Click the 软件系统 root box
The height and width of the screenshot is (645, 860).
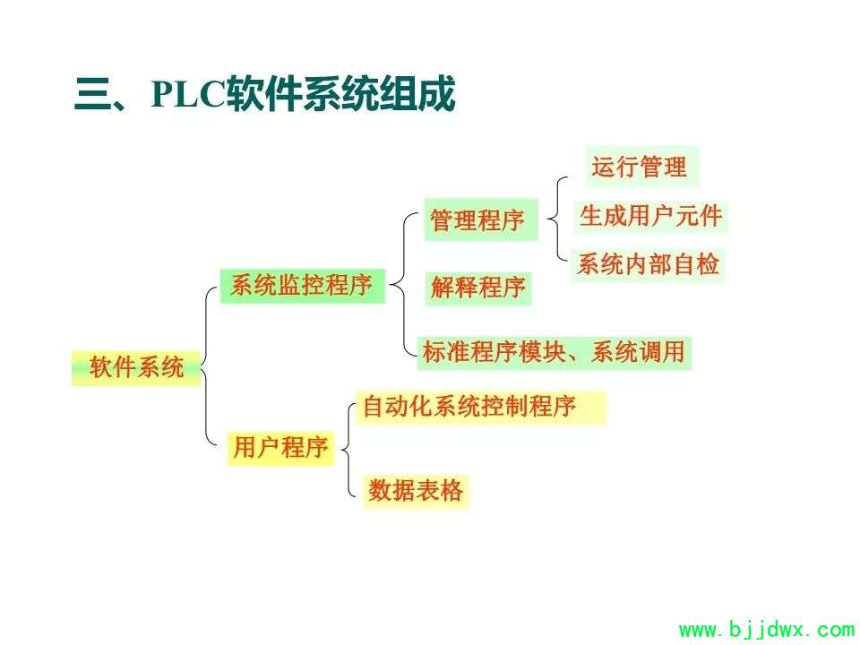point(136,368)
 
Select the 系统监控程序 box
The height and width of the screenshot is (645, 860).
point(302,286)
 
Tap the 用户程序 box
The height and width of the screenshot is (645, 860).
point(280,448)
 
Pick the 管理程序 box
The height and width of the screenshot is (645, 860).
point(481,220)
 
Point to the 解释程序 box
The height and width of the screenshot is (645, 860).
point(478,288)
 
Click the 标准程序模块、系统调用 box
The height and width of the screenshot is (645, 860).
point(554,353)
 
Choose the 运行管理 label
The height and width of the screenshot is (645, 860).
point(642,167)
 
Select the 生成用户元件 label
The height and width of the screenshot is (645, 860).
point(650,216)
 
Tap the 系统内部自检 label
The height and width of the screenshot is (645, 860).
point(648,265)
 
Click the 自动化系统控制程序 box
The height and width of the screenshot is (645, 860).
point(481,408)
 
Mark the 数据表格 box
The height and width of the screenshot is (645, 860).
point(415,491)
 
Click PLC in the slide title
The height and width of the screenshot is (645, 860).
point(188,94)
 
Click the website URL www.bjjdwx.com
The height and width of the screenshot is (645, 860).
point(767,630)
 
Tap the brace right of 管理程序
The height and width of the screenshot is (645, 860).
point(555,219)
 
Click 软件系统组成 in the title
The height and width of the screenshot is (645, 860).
point(340,94)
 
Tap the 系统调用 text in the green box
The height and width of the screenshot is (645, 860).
point(638,352)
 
